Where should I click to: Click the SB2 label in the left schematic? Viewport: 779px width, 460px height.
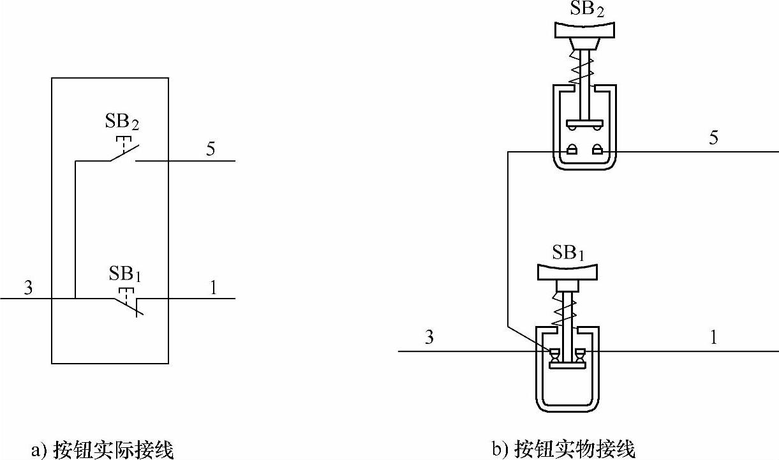(121, 121)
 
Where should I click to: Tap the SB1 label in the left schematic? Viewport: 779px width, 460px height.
(124, 274)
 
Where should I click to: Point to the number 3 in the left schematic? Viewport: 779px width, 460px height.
(28, 287)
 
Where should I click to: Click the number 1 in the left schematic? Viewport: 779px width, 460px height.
(213, 287)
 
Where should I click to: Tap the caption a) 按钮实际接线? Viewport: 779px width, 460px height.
(102, 449)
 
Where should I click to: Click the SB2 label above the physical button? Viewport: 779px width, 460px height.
(585, 10)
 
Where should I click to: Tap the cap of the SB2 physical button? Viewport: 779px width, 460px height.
(585, 29)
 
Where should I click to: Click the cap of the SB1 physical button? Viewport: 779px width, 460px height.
(568, 271)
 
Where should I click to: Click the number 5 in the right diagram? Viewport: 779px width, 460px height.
(713, 138)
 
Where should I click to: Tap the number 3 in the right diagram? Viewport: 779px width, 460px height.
(429, 337)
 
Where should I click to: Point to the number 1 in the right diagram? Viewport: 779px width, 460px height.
(714, 337)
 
